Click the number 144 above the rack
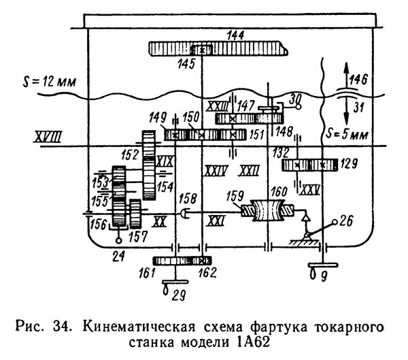(x=235, y=35)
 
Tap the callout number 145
(x=186, y=63)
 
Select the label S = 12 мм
(x=50, y=82)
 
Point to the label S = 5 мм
(x=347, y=135)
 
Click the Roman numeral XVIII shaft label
(x=48, y=137)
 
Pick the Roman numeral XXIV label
(x=216, y=171)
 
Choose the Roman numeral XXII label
(x=249, y=171)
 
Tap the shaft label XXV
(x=309, y=191)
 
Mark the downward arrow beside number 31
(x=346, y=111)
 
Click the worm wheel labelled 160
(x=267, y=210)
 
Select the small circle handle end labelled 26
(x=335, y=222)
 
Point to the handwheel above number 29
(x=175, y=282)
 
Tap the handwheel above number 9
(x=323, y=265)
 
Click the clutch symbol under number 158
(x=184, y=214)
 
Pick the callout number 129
(x=349, y=164)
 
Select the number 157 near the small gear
(x=138, y=237)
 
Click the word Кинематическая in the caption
(x=139, y=327)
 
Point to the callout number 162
(x=207, y=273)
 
